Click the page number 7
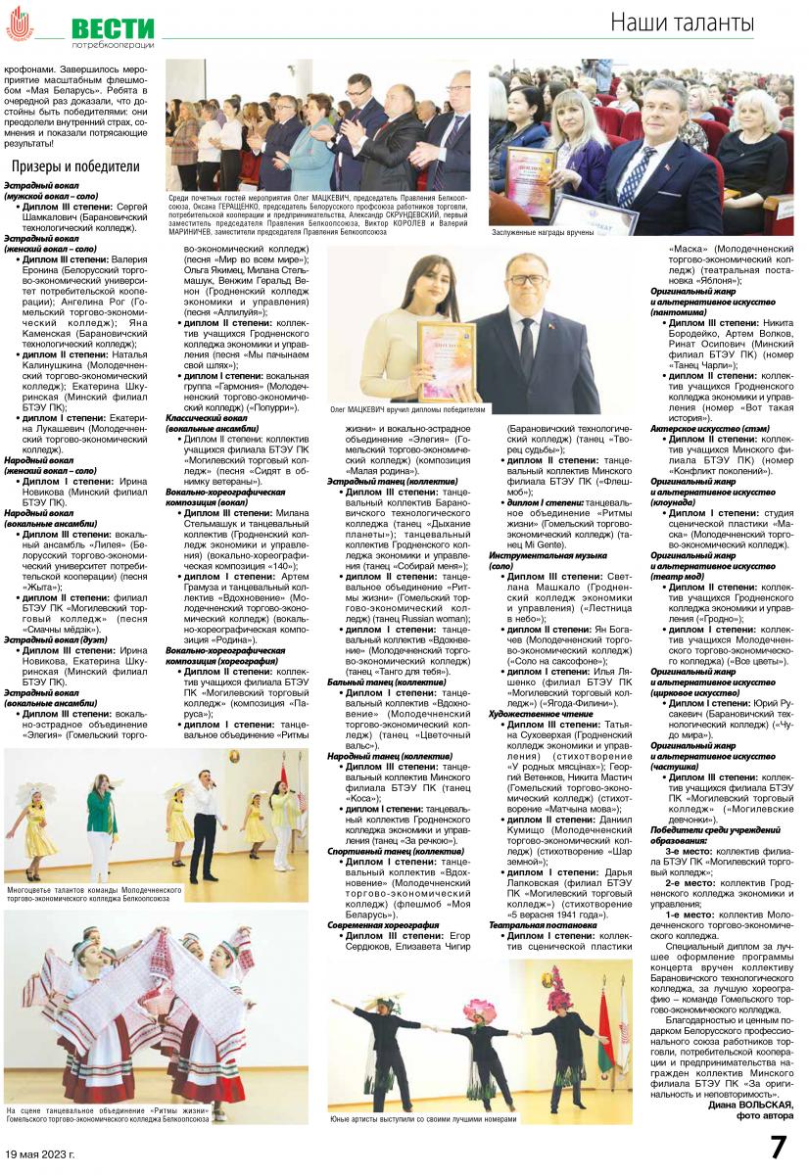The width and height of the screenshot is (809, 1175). point(779,1147)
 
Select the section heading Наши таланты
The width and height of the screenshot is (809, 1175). point(682,22)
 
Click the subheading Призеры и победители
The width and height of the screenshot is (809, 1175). point(75,166)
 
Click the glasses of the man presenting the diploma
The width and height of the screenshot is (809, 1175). point(528,279)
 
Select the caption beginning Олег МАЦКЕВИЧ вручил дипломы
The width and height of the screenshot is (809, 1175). point(407,409)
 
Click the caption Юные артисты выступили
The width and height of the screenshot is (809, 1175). point(423,1118)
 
